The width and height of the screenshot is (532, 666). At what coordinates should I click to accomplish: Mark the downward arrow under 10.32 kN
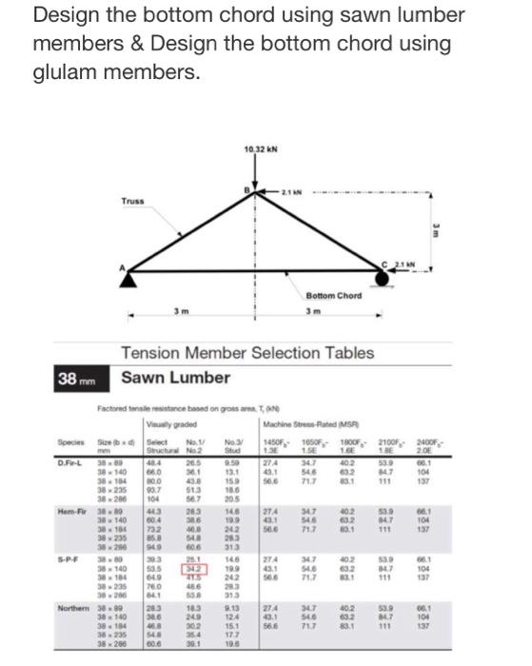(x=254, y=171)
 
